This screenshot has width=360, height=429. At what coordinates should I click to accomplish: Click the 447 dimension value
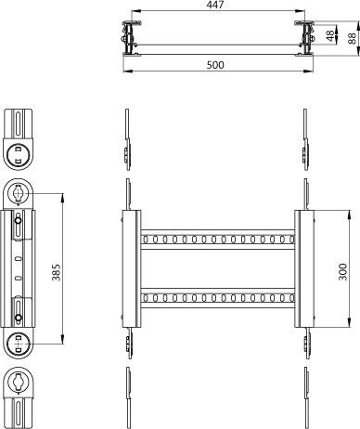215,5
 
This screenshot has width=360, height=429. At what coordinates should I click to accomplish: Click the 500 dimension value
215,65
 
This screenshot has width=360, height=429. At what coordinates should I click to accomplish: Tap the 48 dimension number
330,36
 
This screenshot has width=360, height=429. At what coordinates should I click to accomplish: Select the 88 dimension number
353,38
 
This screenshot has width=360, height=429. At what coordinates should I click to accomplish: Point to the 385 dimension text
57,272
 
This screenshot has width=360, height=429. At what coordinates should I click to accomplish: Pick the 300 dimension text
342,272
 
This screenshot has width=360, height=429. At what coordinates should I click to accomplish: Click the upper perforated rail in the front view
218,240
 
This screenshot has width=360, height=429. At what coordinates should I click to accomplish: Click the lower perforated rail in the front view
218,298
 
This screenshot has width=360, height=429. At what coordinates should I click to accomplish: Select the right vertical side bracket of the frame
304,268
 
